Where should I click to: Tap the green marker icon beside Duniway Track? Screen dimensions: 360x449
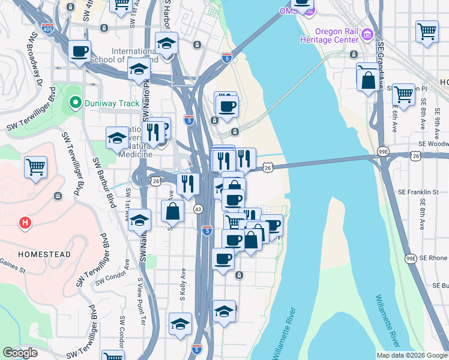pos(75,103)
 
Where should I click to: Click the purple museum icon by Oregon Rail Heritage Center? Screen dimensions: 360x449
pos(367,35)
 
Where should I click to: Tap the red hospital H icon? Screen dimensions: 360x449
pos(25,224)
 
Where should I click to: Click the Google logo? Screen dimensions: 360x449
pos(20,353)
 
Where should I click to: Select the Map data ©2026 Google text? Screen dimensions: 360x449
pos(411,355)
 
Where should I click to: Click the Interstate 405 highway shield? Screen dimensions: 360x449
pos(47,28)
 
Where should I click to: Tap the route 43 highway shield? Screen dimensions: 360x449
pos(197,209)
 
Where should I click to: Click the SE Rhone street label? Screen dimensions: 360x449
pos(434,258)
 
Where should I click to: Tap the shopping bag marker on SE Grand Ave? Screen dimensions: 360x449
pos(368,80)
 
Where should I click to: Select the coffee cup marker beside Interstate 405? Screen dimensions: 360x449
pos(79,52)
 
